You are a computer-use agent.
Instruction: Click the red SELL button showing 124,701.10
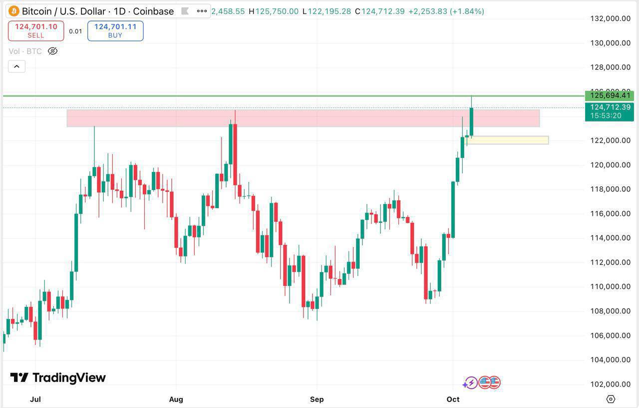[x=36, y=30]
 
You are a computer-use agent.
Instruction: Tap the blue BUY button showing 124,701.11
[x=115, y=30]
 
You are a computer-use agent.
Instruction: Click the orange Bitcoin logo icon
[x=13, y=11]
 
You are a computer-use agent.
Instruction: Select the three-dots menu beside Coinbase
[x=202, y=11]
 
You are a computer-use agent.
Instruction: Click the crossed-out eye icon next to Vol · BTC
[x=52, y=51]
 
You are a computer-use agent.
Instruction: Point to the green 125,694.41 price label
[x=610, y=95]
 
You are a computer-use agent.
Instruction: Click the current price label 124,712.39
[x=610, y=107]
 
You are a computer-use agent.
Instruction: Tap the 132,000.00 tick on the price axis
[x=610, y=18]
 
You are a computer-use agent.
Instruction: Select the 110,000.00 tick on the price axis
[x=610, y=286]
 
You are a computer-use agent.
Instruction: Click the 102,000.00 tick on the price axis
[x=610, y=384]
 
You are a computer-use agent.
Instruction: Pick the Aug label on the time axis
[x=176, y=399]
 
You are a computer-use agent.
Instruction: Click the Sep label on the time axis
[x=317, y=399]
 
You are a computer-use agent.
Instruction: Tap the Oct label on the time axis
[x=453, y=399]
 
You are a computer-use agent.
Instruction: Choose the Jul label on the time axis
[x=35, y=399]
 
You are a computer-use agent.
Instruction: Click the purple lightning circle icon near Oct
[x=470, y=383]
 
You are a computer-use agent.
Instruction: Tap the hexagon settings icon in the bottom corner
[x=611, y=398]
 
